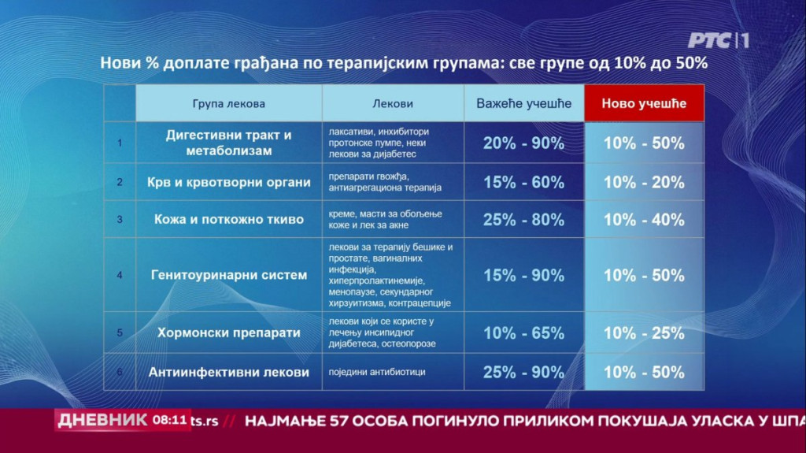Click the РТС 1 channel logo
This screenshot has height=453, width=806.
[718, 40]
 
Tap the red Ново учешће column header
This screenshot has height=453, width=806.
[644, 103]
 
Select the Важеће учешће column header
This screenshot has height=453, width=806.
[523, 103]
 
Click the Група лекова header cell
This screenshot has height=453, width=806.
[229, 103]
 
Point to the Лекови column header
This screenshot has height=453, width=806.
[393, 103]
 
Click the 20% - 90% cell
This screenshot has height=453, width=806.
[523, 143]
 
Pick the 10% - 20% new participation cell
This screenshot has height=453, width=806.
[644, 182]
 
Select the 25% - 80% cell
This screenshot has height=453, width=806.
[523, 220]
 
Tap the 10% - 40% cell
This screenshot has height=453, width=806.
[644, 220]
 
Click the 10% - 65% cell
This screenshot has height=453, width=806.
[523, 333]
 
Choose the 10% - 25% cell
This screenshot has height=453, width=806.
[644, 333]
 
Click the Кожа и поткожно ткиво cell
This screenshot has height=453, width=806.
[229, 219]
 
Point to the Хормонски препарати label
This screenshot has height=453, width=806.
[229, 332]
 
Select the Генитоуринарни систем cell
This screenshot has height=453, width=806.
[229, 275]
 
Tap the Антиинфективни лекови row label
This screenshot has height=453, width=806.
[229, 372]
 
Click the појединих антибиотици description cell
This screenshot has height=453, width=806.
[393, 372]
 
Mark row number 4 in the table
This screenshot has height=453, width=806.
[120, 275]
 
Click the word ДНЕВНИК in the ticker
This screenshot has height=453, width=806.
[102, 420]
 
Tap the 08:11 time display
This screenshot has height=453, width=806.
[170, 420]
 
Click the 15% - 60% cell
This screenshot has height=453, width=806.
[523, 182]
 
